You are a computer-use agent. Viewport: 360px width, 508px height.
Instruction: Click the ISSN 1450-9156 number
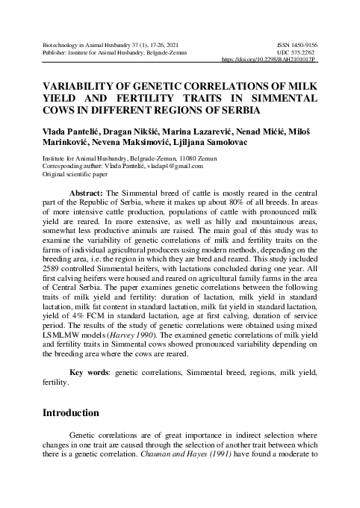(x=296, y=44)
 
